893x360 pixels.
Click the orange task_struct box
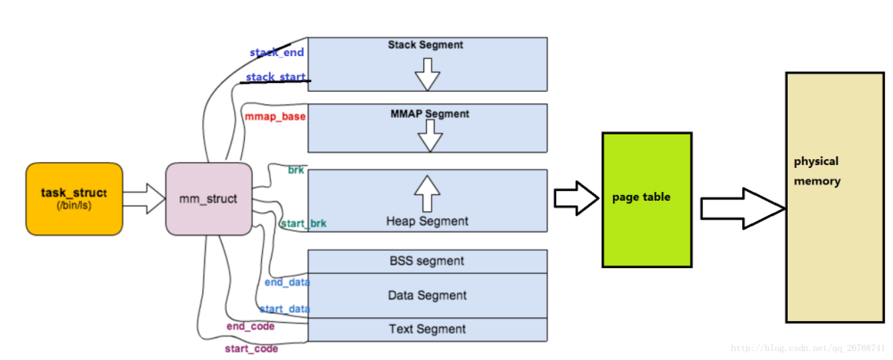coord(74,199)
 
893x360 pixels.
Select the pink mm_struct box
coord(208,199)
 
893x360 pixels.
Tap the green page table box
coord(647,199)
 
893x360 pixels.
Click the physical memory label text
coord(816,171)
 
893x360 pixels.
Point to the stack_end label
coord(276,53)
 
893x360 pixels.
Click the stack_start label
coord(276,77)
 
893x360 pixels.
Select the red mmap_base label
coord(275,117)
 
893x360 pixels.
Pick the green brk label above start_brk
coord(296,170)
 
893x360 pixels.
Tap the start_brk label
coord(303,223)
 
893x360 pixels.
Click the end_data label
coord(287,282)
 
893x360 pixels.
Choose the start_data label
coord(284,309)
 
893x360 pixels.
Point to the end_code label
coord(250,326)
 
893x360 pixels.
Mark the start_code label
coord(251,349)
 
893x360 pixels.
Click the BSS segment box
coord(427,261)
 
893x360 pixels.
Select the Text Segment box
coord(427,329)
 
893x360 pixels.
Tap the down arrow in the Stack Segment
coord(427,74)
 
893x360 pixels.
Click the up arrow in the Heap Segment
coord(427,193)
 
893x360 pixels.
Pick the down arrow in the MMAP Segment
coord(429,135)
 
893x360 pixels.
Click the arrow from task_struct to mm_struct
coord(143,199)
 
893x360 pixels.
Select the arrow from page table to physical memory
coord(742,211)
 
